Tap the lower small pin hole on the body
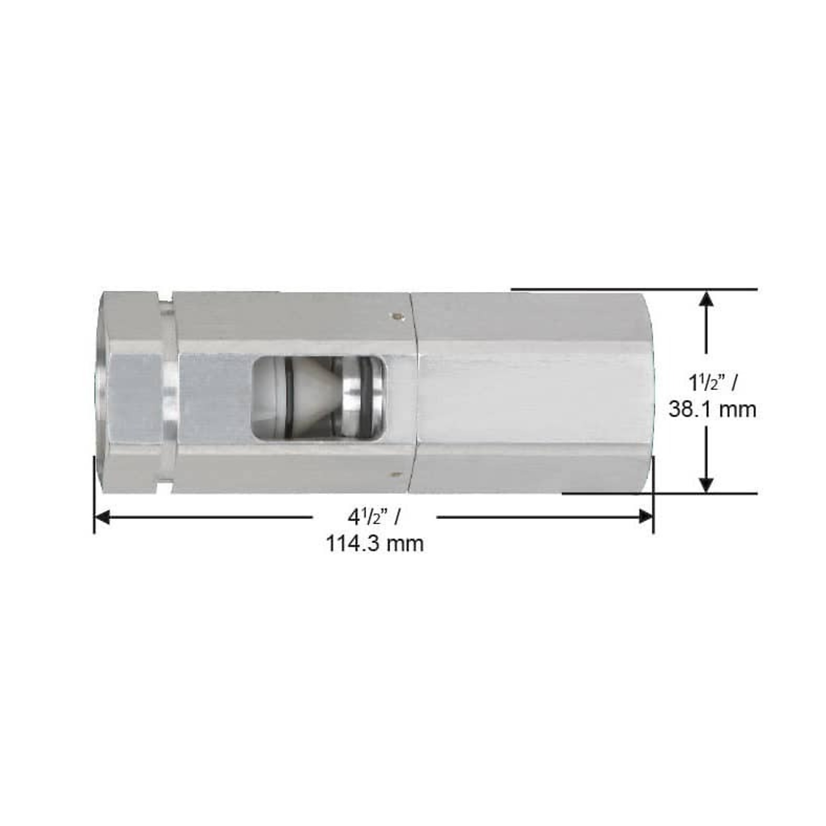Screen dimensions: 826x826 point(397,473)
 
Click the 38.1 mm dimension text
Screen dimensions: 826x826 point(712,409)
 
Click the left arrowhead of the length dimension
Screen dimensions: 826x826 point(102,517)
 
